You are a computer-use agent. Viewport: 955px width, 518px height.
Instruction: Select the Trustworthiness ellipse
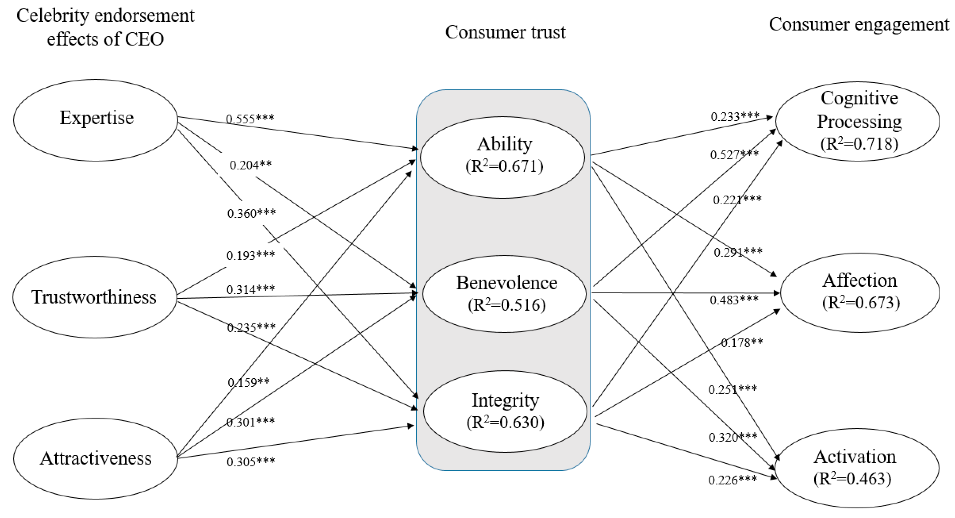click(x=95, y=297)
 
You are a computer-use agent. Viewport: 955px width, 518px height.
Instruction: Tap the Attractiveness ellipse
click(x=96, y=458)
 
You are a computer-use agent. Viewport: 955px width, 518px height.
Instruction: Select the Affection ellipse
click(x=860, y=292)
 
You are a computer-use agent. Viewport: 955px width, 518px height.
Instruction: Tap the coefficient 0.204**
click(x=251, y=165)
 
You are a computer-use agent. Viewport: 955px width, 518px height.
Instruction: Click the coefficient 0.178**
click(x=742, y=343)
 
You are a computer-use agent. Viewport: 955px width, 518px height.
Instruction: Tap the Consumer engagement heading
click(x=858, y=24)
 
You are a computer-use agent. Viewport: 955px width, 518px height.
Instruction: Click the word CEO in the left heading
click(x=144, y=39)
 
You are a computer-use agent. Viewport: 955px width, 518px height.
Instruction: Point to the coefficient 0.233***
click(x=735, y=117)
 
